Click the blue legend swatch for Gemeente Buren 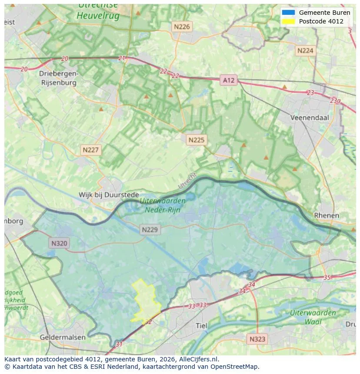click(x=288, y=13)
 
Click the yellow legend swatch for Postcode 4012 click(x=288, y=21)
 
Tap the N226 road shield click(x=182, y=26)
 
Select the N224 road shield click(x=305, y=50)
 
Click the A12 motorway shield click(x=228, y=80)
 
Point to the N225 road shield click(x=197, y=140)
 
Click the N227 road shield click(x=91, y=150)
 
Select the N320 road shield click(x=59, y=243)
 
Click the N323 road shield click(x=257, y=339)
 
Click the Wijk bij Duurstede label click(x=109, y=195)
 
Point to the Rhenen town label click(x=327, y=215)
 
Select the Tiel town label click(x=202, y=326)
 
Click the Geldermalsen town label click(x=62, y=337)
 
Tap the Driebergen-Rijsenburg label click(x=59, y=78)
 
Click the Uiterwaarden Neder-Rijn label click(x=163, y=205)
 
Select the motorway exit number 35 click(x=327, y=277)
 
